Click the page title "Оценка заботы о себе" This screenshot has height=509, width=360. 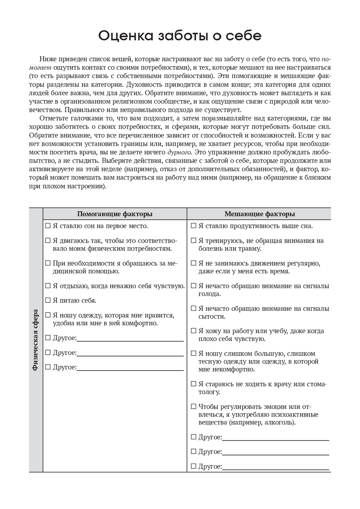coord(180,36)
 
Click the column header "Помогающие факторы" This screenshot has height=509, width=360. coord(114,214)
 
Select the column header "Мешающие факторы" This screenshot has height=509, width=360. coord(260,214)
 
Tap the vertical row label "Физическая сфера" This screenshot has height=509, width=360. coord(35,340)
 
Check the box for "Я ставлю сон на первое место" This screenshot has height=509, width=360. coord(48,226)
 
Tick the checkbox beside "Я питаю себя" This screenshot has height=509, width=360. coord(48,300)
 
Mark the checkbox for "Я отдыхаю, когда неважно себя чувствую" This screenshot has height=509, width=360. coord(48,286)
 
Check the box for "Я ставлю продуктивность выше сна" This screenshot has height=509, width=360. coord(194,226)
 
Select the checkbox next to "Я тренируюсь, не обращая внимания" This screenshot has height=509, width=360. coord(194,241)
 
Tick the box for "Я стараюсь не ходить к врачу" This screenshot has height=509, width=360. coord(194,384)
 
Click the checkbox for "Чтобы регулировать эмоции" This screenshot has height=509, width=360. coord(194,407)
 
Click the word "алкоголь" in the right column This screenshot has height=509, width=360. coord(279,423)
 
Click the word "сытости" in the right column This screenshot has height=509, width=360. coord(212,317)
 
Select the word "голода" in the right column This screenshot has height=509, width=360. coord(210,294)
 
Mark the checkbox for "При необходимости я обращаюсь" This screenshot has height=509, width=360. coord(48,263)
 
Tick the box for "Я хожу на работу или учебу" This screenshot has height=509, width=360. coord(194,331)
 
